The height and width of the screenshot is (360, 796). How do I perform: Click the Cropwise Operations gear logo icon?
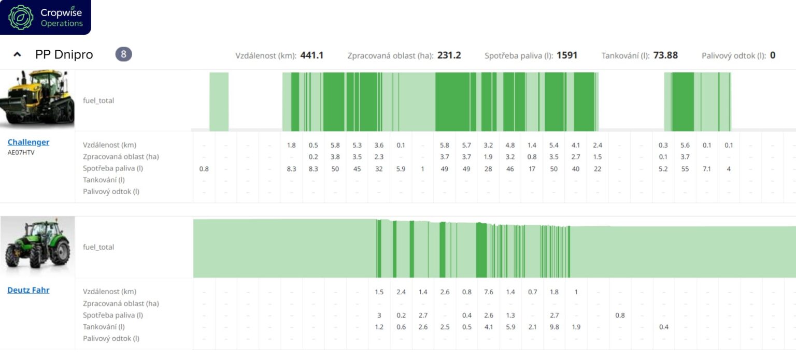point(21,17)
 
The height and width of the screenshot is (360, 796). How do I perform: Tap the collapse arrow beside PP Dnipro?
point(17,54)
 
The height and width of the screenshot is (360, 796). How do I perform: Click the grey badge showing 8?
point(123,54)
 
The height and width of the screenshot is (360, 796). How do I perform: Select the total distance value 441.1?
point(311,55)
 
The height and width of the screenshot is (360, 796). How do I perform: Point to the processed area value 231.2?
point(449,55)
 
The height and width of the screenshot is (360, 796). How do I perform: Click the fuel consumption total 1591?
point(567,55)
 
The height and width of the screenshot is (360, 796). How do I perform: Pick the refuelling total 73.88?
point(665,55)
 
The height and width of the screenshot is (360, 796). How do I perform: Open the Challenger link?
point(29,142)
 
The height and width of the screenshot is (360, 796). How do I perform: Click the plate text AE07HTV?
point(21,153)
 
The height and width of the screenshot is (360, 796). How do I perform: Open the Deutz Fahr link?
point(29,290)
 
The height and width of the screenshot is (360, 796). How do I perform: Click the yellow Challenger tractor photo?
point(37,98)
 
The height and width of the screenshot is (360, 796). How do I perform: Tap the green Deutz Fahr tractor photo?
point(37,246)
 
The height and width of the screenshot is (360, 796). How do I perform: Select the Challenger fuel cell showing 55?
point(685,169)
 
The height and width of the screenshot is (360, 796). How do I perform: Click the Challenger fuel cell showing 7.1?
point(707,169)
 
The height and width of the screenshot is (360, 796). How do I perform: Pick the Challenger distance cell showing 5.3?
point(357,145)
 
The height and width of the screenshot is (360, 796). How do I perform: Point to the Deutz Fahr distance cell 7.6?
point(489,292)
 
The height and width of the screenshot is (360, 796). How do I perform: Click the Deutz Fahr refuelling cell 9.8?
point(554,327)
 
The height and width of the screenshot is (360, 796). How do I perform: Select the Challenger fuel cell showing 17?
point(532,169)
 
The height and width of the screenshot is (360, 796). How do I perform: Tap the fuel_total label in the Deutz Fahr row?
point(98,247)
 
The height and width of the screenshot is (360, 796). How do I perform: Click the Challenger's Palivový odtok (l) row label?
point(111,192)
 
